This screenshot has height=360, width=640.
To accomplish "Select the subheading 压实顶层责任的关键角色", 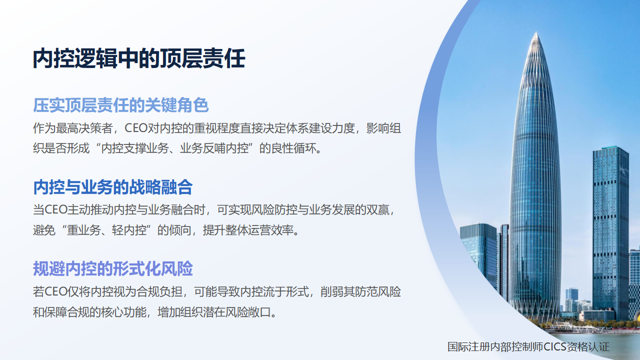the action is tap(121, 105).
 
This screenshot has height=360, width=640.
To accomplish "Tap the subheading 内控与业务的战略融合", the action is tap(113, 187).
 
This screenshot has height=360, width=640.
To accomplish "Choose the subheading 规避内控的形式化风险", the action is tap(113, 268).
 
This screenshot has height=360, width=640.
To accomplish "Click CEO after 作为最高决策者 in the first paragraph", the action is tap(136, 128).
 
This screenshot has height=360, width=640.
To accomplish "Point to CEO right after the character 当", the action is tap(56, 209).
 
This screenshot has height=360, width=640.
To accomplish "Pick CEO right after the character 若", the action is tap(56, 291).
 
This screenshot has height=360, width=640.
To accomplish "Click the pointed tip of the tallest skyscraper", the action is tap(536, 32).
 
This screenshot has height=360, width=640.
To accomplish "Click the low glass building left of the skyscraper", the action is tap(479, 254).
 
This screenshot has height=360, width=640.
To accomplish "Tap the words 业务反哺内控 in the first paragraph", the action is tap(214, 148).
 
